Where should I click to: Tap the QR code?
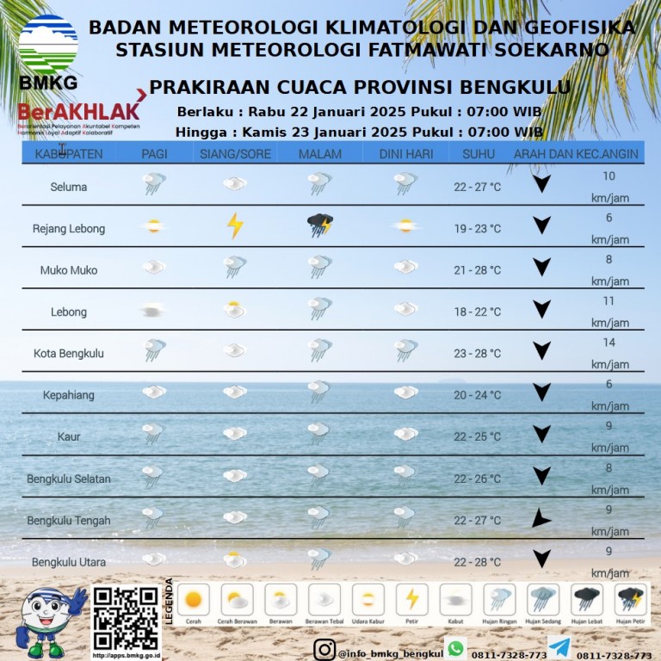click(126, 618)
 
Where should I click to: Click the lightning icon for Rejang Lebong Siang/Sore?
click(234, 226)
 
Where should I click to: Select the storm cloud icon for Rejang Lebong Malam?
click(320, 226)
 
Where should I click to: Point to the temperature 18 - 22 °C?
click(477, 312)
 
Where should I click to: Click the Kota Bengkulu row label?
click(69, 353)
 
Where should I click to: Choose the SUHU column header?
click(478, 154)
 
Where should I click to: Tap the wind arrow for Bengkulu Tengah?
click(541, 518)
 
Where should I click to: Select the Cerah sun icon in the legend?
click(193, 599)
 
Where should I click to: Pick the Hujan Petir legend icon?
click(630, 599)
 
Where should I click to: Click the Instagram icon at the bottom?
click(324, 649)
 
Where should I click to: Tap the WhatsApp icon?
click(455, 648)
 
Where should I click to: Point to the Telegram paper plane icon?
click(559, 648)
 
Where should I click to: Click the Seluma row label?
click(69, 187)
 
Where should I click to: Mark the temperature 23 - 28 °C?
click(477, 353)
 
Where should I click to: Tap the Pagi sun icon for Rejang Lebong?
click(153, 226)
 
